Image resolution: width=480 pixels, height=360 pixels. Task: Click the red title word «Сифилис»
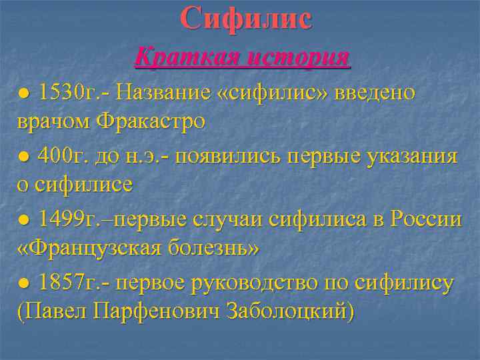coord(245,18)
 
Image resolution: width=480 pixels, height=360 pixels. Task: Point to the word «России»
coord(426,219)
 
